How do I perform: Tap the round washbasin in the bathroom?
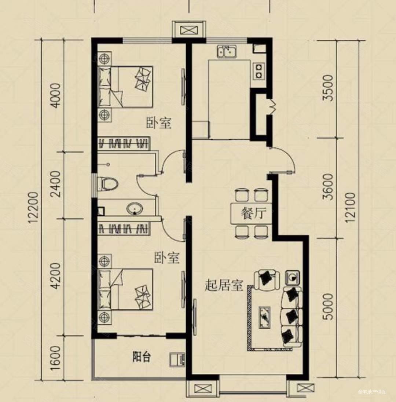(135, 208)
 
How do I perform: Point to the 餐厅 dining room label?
(253, 213)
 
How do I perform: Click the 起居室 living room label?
(224, 285)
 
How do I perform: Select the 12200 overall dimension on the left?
(34, 208)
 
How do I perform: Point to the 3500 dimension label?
(328, 88)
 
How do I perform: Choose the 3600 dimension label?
(328, 187)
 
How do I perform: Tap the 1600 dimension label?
(56, 358)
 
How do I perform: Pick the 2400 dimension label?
(56, 184)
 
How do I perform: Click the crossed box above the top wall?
(189, 30)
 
